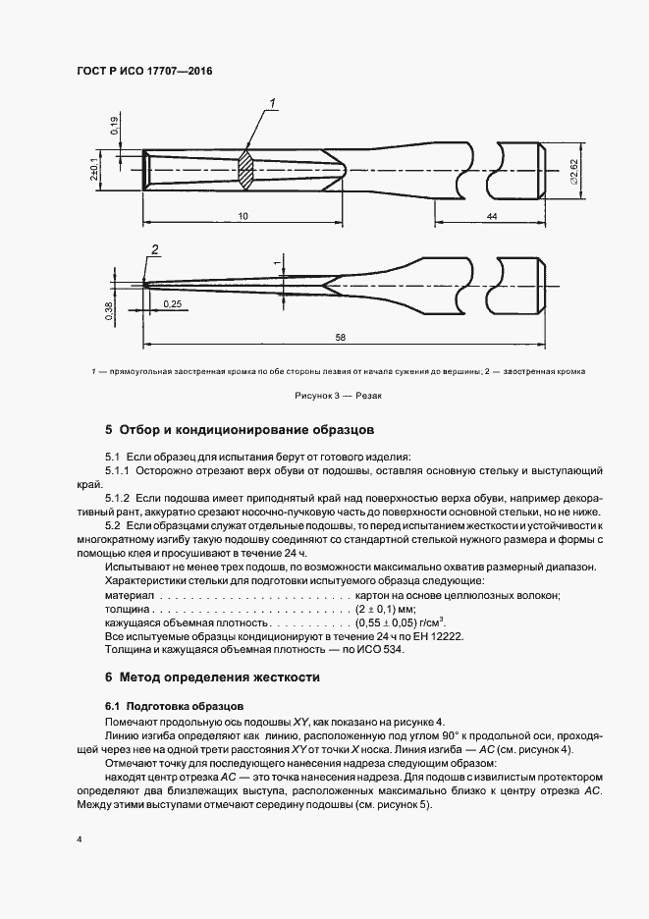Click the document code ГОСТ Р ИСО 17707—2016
click(144, 72)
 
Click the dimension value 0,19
click(114, 125)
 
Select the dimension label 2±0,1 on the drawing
click(92, 168)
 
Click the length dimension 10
click(242, 215)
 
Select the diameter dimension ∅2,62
click(573, 170)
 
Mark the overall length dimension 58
click(341, 337)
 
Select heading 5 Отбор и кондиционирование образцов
click(240, 430)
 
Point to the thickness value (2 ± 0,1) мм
click(388, 609)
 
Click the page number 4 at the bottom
click(78, 840)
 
